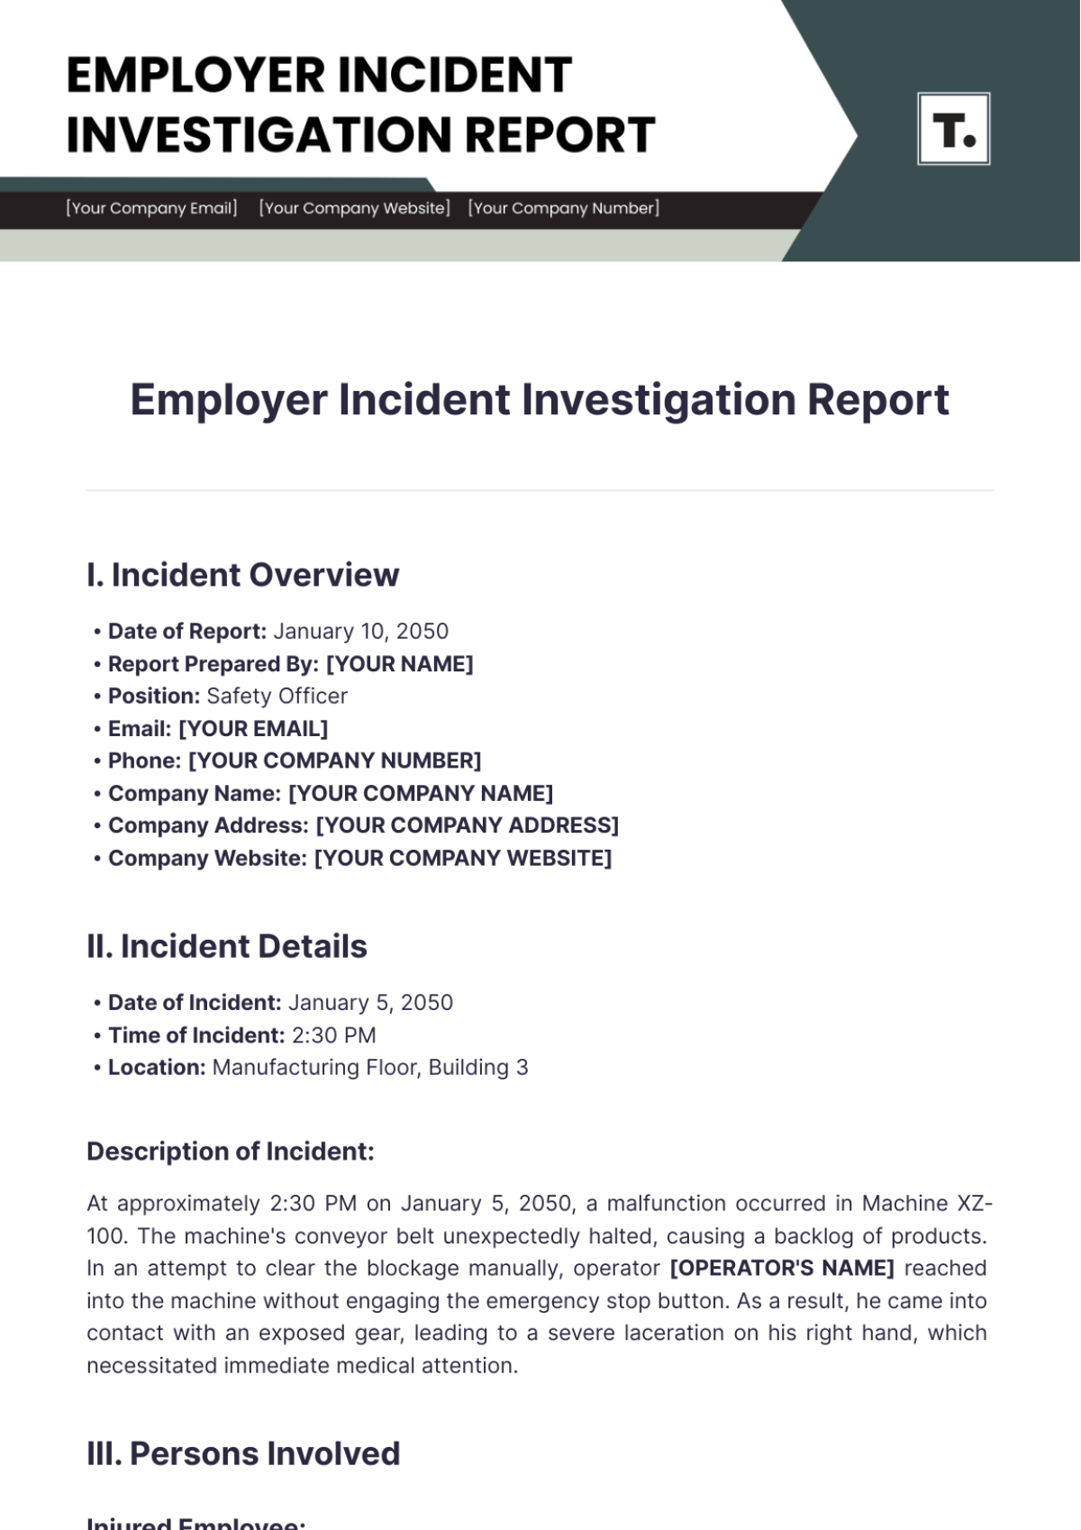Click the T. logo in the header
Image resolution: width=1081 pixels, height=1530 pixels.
coord(953,129)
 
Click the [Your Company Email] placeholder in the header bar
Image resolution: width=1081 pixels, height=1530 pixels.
coord(151,208)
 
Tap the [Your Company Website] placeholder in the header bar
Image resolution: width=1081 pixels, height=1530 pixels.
coord(354,208)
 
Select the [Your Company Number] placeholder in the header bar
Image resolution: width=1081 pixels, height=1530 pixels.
coord(564,208)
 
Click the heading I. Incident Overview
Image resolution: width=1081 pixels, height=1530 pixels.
coord(243,575)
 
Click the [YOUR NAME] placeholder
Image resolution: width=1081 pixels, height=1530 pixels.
coord(399,664)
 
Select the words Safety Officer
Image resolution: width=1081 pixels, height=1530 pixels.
coord(277,697)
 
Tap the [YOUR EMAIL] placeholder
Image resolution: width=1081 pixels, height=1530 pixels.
coord(253,729)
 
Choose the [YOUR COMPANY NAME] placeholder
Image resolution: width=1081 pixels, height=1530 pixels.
coord(420,794)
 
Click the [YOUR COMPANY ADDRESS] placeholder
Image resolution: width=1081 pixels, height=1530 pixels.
coord(467,826)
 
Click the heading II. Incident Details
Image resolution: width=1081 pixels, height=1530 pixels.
coord(227,947)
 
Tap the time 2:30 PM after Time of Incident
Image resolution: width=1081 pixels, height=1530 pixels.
coord(333,1035)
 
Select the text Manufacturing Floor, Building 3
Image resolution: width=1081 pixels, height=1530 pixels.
coord(370,1068)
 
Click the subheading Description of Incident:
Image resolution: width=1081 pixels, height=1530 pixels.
coord(230,1152)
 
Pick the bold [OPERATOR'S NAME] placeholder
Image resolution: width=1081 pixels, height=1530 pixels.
coord(782,1269)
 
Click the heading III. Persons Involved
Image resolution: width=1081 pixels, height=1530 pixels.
coord(243,1453)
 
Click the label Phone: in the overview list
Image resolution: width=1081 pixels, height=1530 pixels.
coord(144,761)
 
